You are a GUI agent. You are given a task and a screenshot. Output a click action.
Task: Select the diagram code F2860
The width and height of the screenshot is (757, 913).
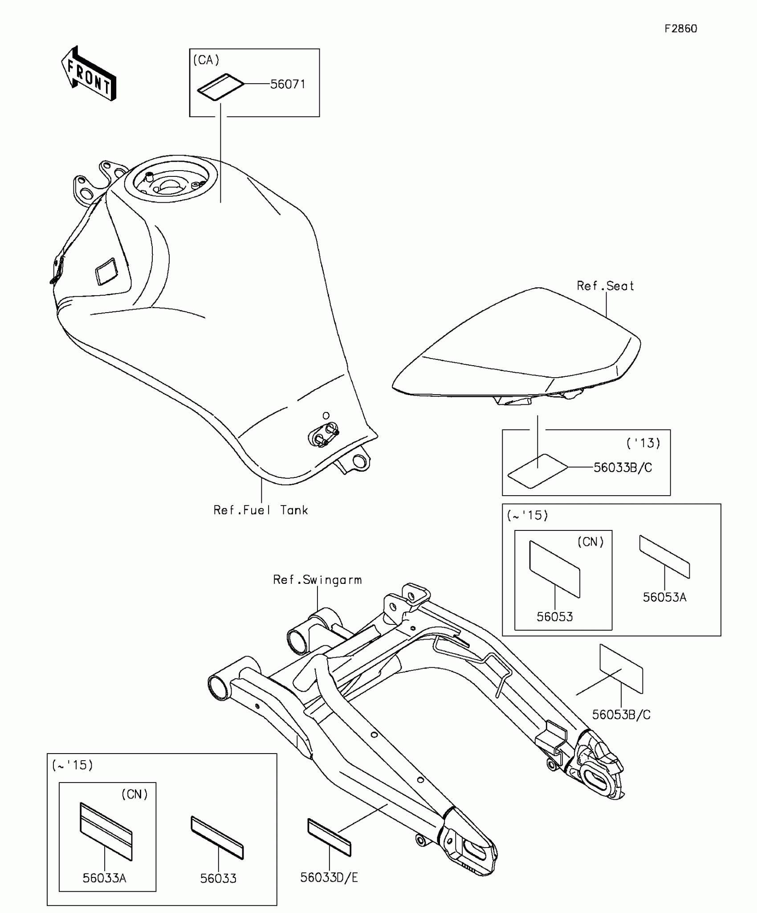tap(680, 29)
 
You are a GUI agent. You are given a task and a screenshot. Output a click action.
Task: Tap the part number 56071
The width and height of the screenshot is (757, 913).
tap(288, 84)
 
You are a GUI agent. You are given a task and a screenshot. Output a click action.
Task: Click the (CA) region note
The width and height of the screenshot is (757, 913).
tap(206, 60)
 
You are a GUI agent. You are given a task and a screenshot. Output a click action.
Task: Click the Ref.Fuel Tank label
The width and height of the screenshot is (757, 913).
tap(260, 510)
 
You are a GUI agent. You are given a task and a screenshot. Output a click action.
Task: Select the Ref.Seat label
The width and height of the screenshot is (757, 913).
tap(605, 286)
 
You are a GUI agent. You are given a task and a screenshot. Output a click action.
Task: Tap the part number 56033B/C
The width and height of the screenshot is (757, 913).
tap(623, 468)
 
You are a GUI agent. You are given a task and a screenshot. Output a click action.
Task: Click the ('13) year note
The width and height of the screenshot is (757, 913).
tap(643, 443)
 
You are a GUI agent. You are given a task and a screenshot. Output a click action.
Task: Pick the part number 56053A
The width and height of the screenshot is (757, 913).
tap(664, 597)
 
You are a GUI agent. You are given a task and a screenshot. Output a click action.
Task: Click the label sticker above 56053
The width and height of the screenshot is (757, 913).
tap(555, 569)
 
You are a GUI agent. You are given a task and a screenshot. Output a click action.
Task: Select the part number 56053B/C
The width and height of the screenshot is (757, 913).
tap(621, 715)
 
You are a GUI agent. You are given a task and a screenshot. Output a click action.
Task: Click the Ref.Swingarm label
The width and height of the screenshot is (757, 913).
tap(317, 580)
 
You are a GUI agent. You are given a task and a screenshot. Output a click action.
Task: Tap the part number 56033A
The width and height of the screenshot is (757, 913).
tap(105, 878)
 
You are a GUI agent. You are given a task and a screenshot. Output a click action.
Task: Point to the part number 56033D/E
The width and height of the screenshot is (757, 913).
tap(329, 877)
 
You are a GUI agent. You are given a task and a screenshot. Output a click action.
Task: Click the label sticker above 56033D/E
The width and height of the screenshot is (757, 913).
tap(329, 837)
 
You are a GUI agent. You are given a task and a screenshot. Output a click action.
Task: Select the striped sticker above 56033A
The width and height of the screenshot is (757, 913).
tap(106, 831)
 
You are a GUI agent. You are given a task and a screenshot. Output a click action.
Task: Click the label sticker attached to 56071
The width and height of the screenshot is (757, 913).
tap(221, 88)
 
